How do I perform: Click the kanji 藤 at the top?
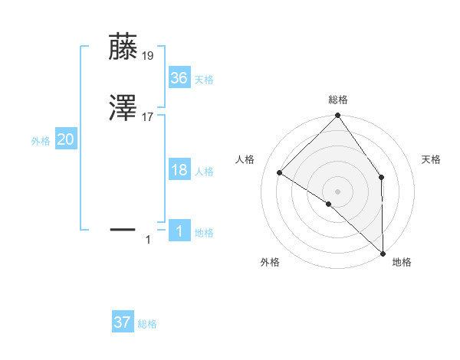pos(123,47)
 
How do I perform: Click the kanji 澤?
pos(123,110)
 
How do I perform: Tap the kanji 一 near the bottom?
pos(123,229)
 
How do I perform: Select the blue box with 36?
pos(179,78)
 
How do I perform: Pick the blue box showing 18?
pos(179,170)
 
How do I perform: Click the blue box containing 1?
pos(179,231)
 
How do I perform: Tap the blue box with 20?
pos(66,139)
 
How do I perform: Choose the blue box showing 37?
pos(123,322)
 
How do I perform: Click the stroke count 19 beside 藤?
pos(148,55)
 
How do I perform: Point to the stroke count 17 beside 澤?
pos(148,117)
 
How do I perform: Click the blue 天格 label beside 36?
pos(204,80)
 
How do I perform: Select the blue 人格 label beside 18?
pos(204,172)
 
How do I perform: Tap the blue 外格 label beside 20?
pos(41,141)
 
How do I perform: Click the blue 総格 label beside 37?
pos(147,324)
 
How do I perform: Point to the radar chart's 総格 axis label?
pos(338,100)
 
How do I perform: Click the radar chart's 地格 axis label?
pos(402,262)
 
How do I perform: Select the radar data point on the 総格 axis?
pos(338,116)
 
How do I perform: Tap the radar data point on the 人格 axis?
pos(280,173)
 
